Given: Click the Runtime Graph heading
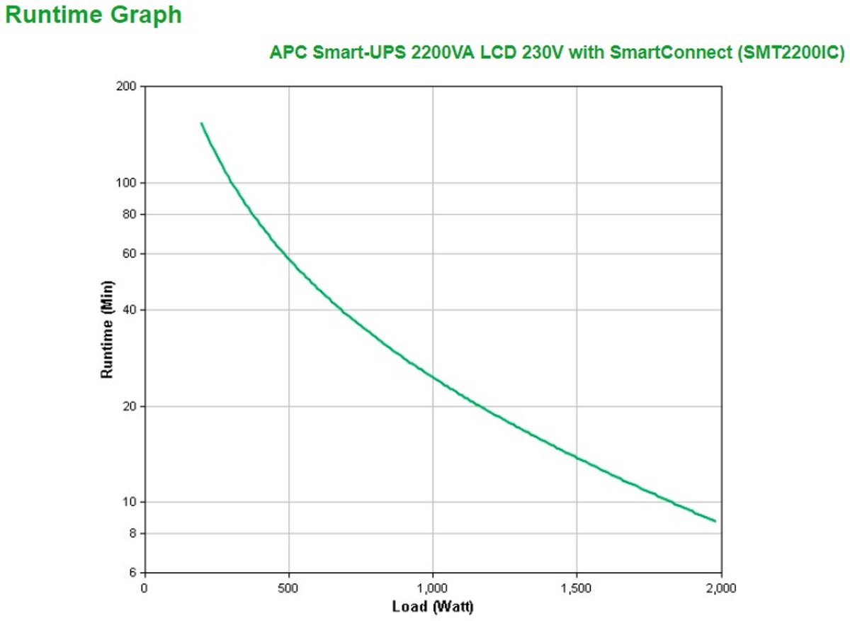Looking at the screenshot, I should pyautogui.click(x=93, y=16).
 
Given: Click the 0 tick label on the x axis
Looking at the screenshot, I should pyautogui.click(x=144, y=587).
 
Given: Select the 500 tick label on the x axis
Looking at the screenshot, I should pyautogui.click(x=288, y=587).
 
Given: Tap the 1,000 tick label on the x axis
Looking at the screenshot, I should pyautogui.click(x=433, y=587).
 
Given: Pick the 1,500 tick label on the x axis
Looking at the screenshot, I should pyautogui.click(x=577, y=587).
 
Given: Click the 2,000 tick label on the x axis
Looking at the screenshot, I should pyautogui.click(x=720, y=587).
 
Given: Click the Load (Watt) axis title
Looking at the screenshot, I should pyautogui.click(x=433, y=607).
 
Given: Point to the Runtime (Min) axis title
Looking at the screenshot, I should pyautogui.click(x=107, y=330).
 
